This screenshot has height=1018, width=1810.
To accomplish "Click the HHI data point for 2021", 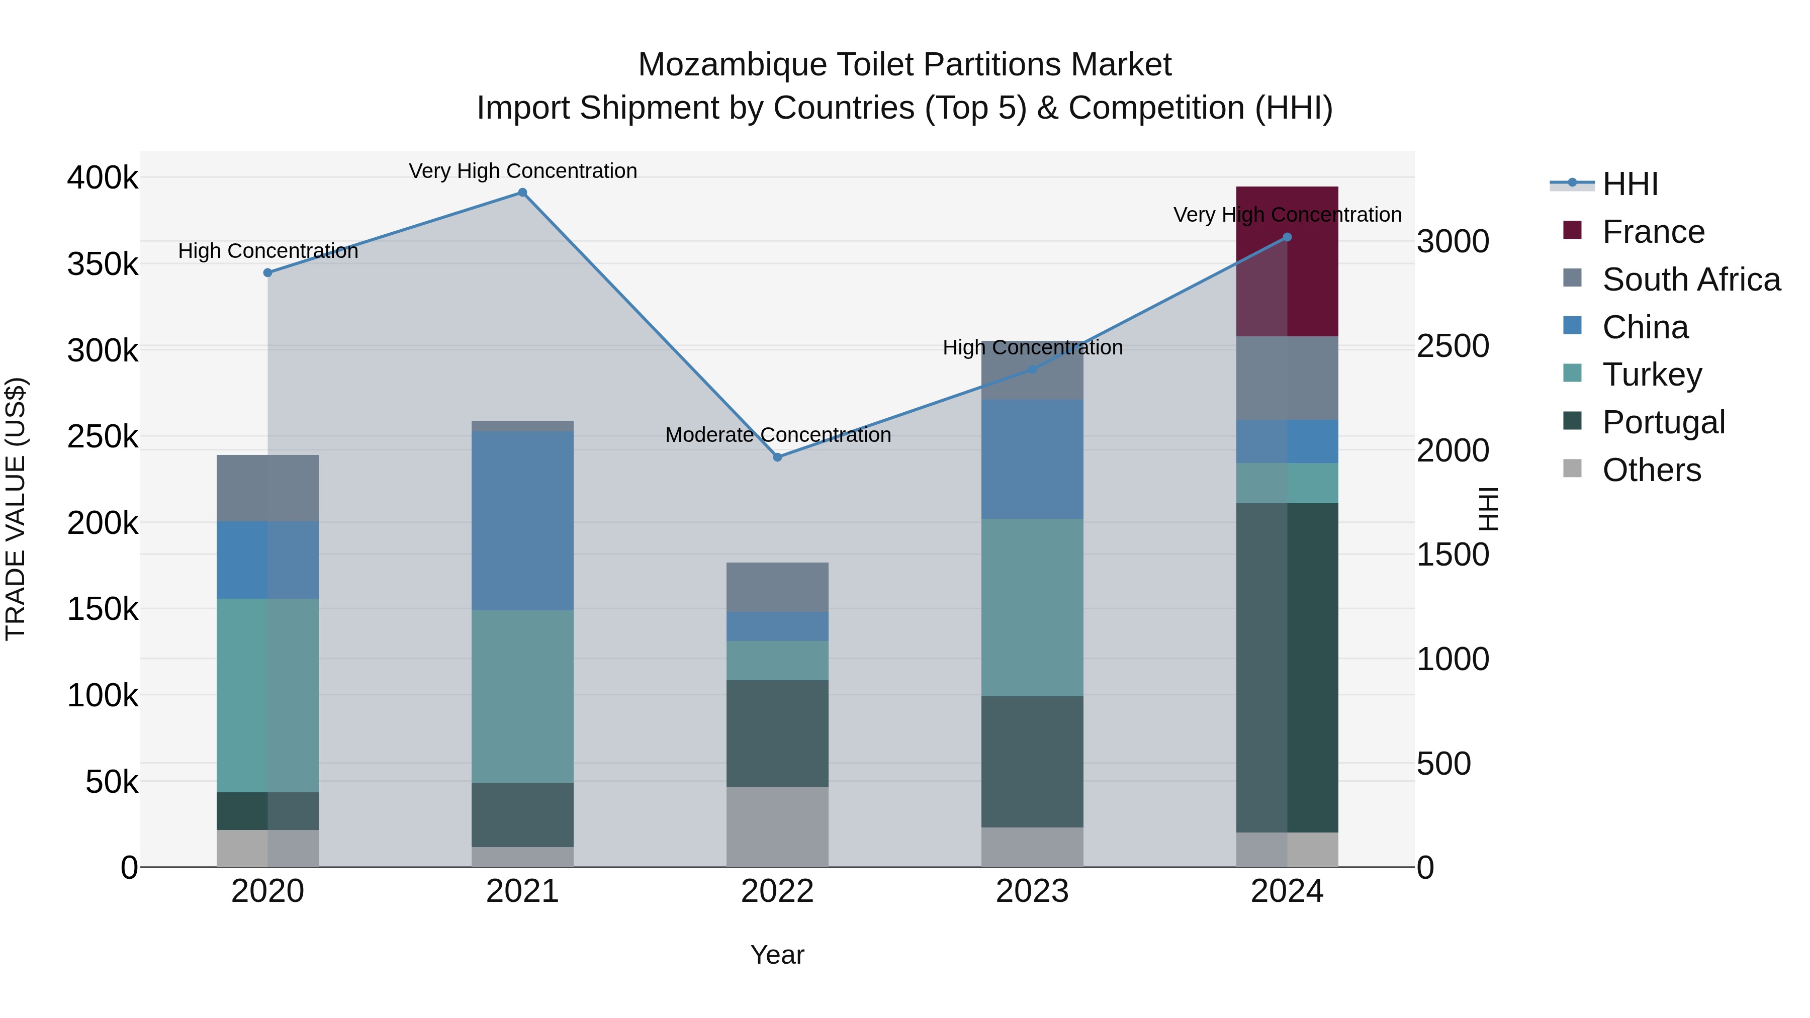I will coord(522,193).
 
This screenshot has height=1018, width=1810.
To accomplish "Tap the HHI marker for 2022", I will coord(777,457).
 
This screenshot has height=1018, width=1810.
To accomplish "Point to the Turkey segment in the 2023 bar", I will coord(1032,608).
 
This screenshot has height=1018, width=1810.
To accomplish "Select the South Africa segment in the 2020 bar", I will coord(267,488).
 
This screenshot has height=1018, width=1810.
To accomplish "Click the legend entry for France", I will coord(1653,232).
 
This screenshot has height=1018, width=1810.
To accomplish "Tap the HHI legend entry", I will coord(1630,184).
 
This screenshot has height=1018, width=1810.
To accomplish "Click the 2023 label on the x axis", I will coord(1032,891).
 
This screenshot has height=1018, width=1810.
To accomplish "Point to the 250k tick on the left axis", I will coord(103,437).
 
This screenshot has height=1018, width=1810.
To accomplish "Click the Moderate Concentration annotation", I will coord(778,435).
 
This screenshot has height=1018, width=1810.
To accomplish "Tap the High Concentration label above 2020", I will coord(267,251).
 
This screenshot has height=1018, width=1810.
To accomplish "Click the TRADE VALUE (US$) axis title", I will coord(16,509).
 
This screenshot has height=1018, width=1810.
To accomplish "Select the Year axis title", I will coord(777,955).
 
